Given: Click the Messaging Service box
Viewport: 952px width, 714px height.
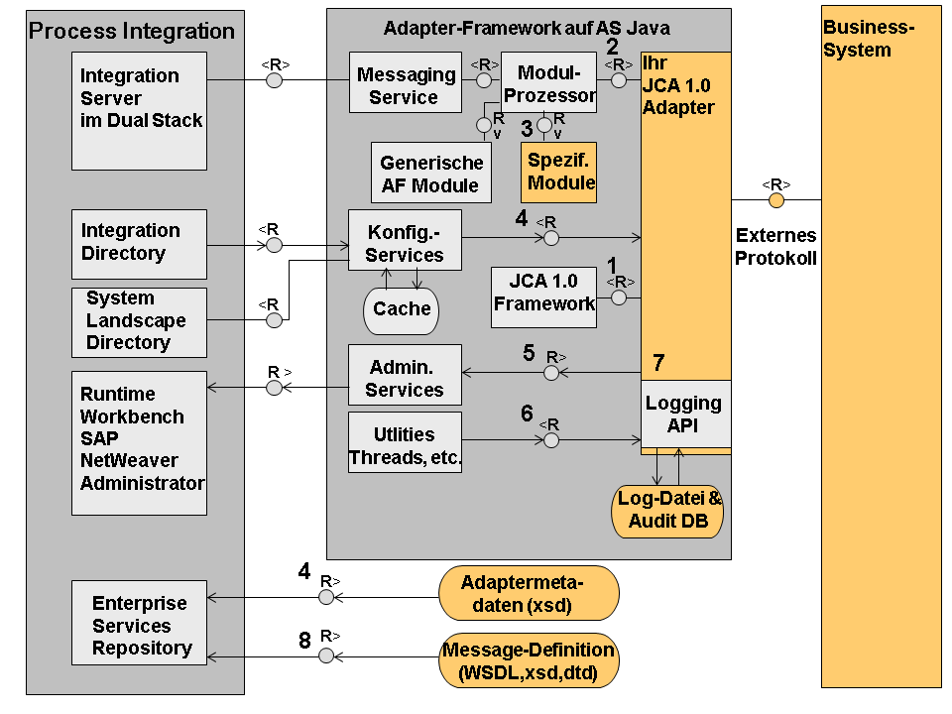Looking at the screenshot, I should pyautogui.click(x=405, y=86).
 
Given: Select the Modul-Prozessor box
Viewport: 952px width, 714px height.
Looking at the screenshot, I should pyautogui.click(x=548, y=83).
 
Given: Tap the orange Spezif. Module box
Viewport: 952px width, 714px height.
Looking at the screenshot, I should pyautogui.click(x=560, y=173).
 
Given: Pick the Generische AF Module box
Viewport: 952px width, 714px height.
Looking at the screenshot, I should pyautogui.click(x=431, y=174).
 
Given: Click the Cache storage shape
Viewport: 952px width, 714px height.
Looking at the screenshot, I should pyautogui.click(x=402, y=308).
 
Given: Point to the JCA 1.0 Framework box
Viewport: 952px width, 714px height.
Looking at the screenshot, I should pyautogui.click(x=543, y=296).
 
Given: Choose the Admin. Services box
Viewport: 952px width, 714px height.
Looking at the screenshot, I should pyautogui.click(x=405, y=378).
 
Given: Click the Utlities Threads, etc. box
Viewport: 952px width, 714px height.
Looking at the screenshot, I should pyautogui.click(x=405, y=444).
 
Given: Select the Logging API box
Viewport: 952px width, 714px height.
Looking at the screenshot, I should pyautogui.click(x=684, y=414).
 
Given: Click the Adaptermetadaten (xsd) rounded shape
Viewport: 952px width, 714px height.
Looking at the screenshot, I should pyautogui.click(x=528, y=593).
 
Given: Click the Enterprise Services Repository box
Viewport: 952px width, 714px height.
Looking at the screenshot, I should pyautogui.click(x=140, y=625).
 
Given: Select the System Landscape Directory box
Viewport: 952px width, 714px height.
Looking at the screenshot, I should pyautogui.click(x=140, y=321).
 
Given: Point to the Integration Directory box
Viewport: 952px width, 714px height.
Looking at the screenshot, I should pyautogui.click(x=140, y=243).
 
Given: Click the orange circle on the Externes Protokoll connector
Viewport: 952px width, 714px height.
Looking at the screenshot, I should pyautogui.click(x=776, y=200).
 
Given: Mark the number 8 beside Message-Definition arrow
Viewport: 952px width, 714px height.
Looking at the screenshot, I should pyautogui.click(x=304, y=641).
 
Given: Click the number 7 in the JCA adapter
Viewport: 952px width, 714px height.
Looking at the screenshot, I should pyautogui.click(x=657, y=363).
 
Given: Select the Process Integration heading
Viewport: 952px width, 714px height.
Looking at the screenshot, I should pyautogui.click(x=132, y=31).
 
